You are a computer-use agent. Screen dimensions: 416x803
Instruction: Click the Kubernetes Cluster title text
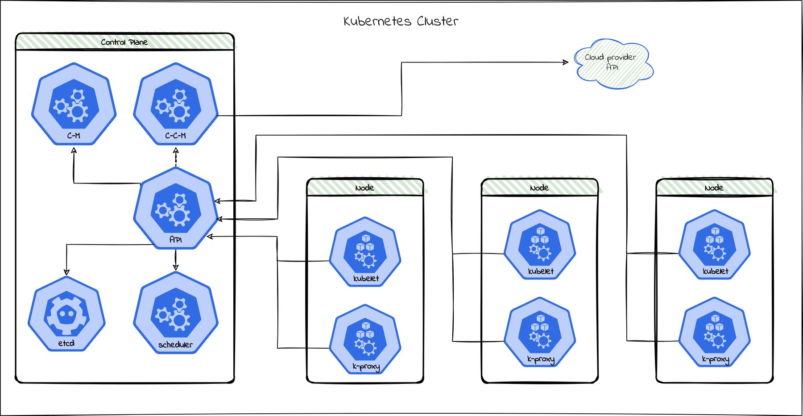(401, 21)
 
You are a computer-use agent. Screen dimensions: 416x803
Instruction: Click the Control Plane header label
(124, 42)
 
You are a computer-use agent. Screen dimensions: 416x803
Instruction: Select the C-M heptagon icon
(74, 104)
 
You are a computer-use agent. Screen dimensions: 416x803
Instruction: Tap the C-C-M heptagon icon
(176, 104)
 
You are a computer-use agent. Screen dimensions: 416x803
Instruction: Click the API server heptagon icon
(176, 209)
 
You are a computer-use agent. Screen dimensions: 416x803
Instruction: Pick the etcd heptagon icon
(66, 314)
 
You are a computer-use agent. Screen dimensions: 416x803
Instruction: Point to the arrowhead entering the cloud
(566, 62)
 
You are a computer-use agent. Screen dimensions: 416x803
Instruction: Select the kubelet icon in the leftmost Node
(365, 252)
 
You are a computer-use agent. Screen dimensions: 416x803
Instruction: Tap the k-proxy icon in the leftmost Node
(365, 340)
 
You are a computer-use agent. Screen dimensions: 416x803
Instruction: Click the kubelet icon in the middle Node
(540, 245)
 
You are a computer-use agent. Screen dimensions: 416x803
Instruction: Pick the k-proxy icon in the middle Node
(540, 333)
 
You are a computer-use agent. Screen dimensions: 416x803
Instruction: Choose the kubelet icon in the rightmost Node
(715, 245)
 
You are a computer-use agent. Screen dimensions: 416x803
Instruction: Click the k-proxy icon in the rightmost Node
(715, 333)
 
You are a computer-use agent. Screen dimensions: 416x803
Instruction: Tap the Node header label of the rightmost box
(714, 188)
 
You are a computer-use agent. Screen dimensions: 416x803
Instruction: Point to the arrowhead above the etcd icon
(66, 271)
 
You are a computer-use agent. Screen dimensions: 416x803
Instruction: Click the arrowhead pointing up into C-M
(74, 151)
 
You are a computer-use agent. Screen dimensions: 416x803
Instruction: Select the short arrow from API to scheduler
(176, 260)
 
